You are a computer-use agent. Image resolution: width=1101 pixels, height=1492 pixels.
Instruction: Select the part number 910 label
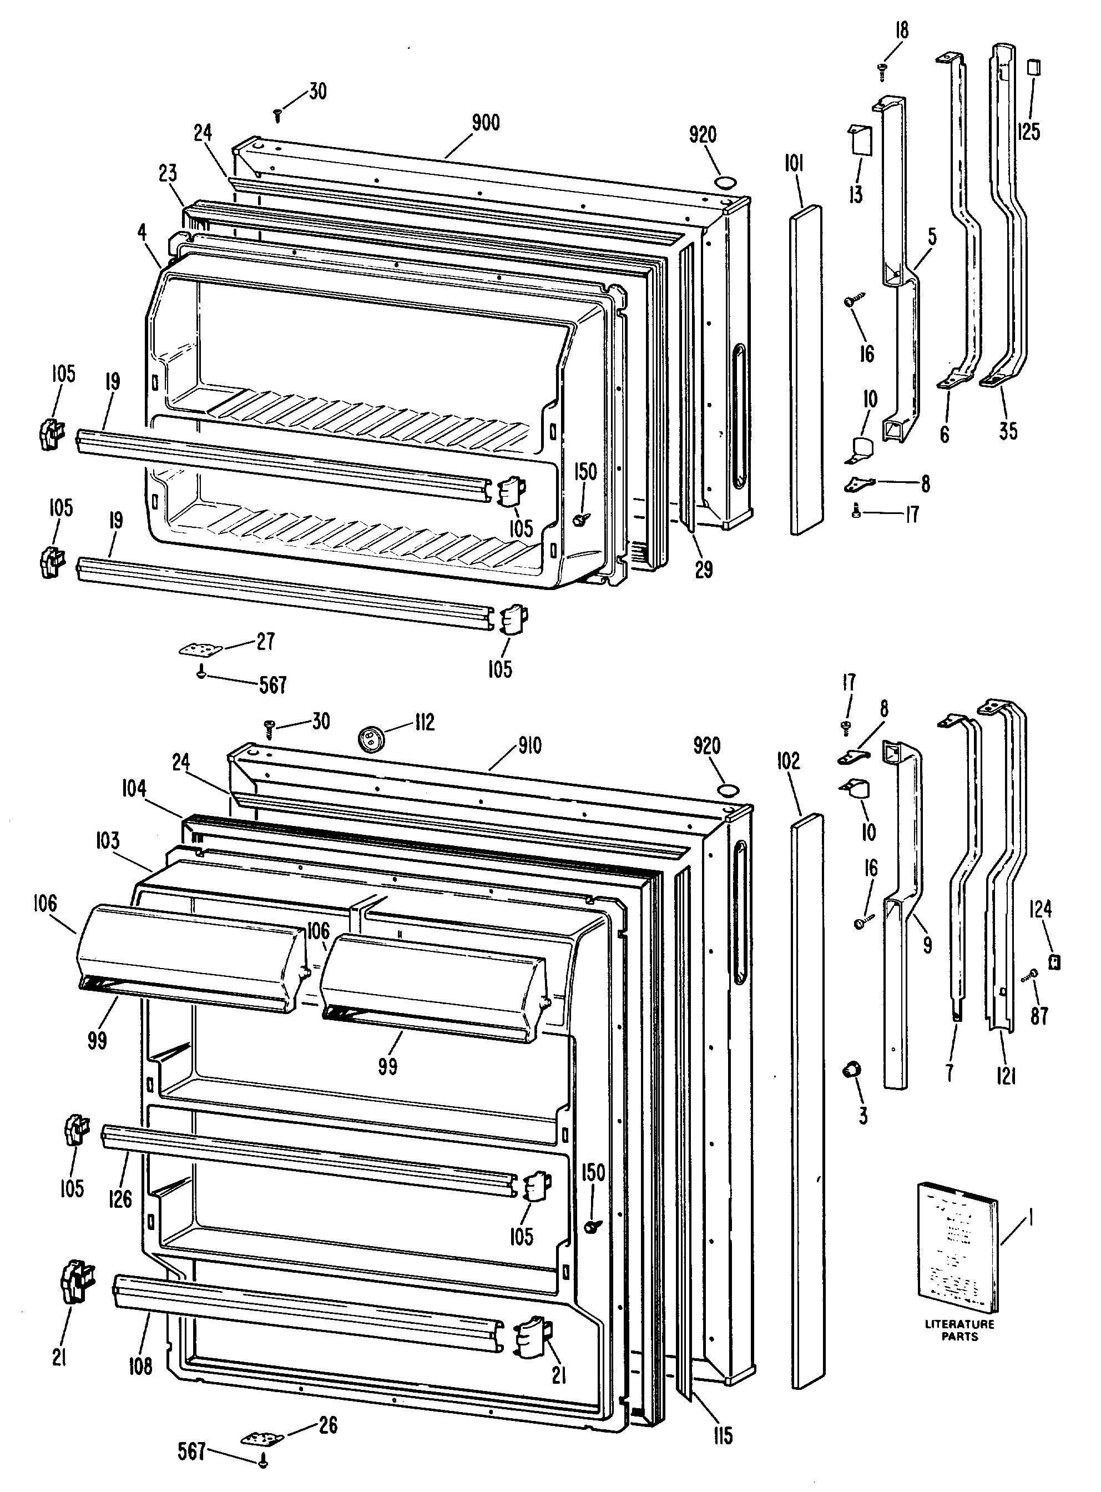[530, 745]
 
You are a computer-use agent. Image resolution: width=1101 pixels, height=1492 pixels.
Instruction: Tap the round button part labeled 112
[368, 737]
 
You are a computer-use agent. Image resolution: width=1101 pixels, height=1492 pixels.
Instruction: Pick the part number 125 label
[1028, 132]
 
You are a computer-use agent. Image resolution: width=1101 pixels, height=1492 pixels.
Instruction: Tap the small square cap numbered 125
[1034, 68]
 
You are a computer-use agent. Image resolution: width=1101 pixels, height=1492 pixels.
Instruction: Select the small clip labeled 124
[1054, 962]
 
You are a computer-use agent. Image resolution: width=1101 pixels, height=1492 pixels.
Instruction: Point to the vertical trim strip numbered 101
[806, 370]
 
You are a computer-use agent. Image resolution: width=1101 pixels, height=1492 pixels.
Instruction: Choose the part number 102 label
[788, 760]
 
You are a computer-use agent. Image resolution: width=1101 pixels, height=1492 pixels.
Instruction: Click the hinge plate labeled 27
[196, 649]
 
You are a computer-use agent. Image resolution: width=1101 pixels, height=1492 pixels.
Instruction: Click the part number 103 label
[107, 840]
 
